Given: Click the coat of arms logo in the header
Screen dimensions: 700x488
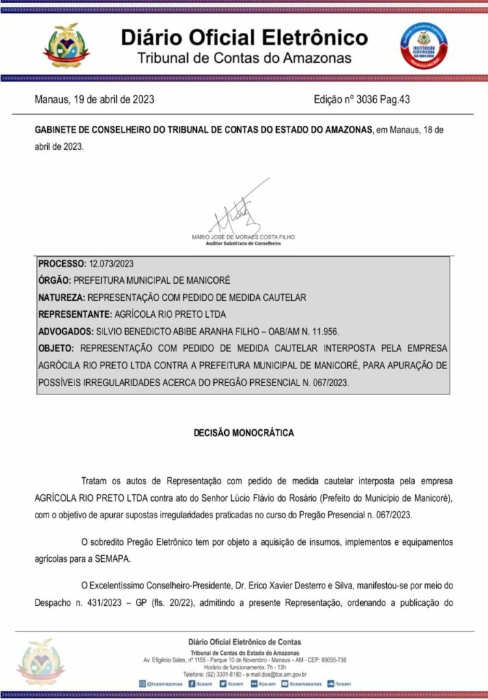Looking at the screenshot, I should [66, 46].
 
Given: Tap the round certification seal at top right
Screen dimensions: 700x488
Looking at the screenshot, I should [424, 44].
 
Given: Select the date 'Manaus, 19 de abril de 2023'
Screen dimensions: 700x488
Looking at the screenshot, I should [94, 100].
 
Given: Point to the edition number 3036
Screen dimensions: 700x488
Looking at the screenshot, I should [385, 100].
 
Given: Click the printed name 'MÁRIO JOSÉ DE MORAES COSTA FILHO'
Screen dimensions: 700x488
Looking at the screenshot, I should [244, 237].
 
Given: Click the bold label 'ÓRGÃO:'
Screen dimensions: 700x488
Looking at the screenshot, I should [55, 280].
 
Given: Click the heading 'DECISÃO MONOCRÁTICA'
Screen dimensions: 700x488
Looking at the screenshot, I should [244, 433].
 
